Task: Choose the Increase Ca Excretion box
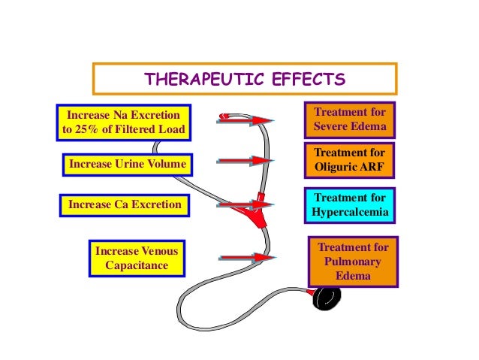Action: click(125, 204)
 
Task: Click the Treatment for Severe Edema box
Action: click(349, 119)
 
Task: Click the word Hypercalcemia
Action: click(351, 213)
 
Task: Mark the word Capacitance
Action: click(131, 265)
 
